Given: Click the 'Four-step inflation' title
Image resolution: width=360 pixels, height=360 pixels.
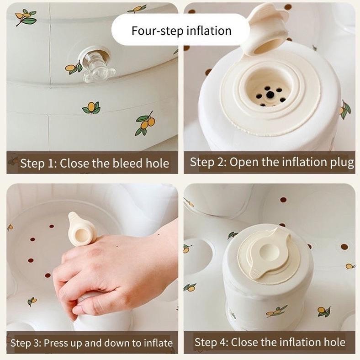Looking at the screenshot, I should pos(181,31).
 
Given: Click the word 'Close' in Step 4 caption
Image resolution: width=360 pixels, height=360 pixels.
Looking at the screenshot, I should pos(245,342).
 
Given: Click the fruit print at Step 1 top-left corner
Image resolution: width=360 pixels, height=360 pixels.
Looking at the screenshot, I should pos(25,17).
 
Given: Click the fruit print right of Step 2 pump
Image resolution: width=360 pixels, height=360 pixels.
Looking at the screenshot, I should pos(345,110).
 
